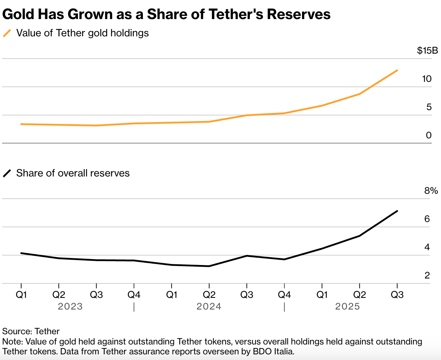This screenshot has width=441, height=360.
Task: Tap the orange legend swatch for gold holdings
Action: [7, 33]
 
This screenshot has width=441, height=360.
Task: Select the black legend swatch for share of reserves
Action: [7, 173]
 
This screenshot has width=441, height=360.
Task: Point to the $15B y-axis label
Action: [427, 50]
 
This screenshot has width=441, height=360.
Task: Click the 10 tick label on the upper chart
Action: [427, 79]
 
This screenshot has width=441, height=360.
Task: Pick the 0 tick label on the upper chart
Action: [429, 135]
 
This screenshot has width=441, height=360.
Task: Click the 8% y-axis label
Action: [431, 191]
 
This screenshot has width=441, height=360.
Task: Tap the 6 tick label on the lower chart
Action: [427, 219]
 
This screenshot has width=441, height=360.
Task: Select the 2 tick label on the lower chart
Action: [427, 275]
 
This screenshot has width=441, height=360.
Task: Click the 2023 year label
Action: [70, 306]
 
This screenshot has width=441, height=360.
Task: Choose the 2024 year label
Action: [209, 306]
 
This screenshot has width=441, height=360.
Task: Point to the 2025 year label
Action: [348, 306]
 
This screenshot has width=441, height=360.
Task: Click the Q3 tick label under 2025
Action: [397, 295]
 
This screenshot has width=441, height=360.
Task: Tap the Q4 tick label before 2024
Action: [134, 295]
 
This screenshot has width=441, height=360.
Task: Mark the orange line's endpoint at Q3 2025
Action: [397, 70]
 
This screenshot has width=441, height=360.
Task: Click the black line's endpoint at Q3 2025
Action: [397, 211]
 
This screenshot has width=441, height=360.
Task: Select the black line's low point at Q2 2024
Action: [209, 266]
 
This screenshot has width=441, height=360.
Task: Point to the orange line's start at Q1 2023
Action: [21, 124]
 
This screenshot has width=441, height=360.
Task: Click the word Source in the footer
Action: [17, 331]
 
